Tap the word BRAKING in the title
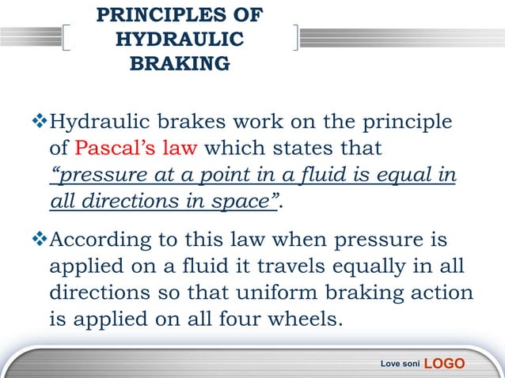(180, 63)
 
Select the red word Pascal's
(111, 148)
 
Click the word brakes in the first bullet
(199, 123)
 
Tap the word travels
(314, 266)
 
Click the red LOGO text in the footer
(445, 363)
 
